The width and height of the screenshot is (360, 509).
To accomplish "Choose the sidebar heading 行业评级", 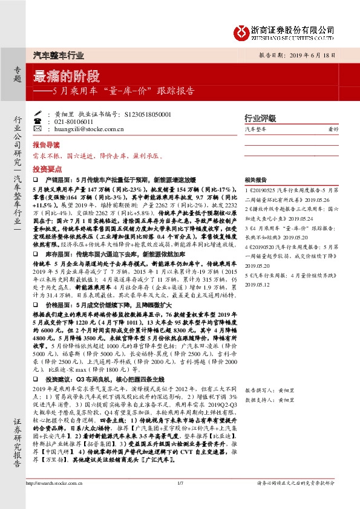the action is [x=259, y=118].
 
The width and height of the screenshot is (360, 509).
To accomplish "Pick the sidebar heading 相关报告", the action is [x=255, y=180].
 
